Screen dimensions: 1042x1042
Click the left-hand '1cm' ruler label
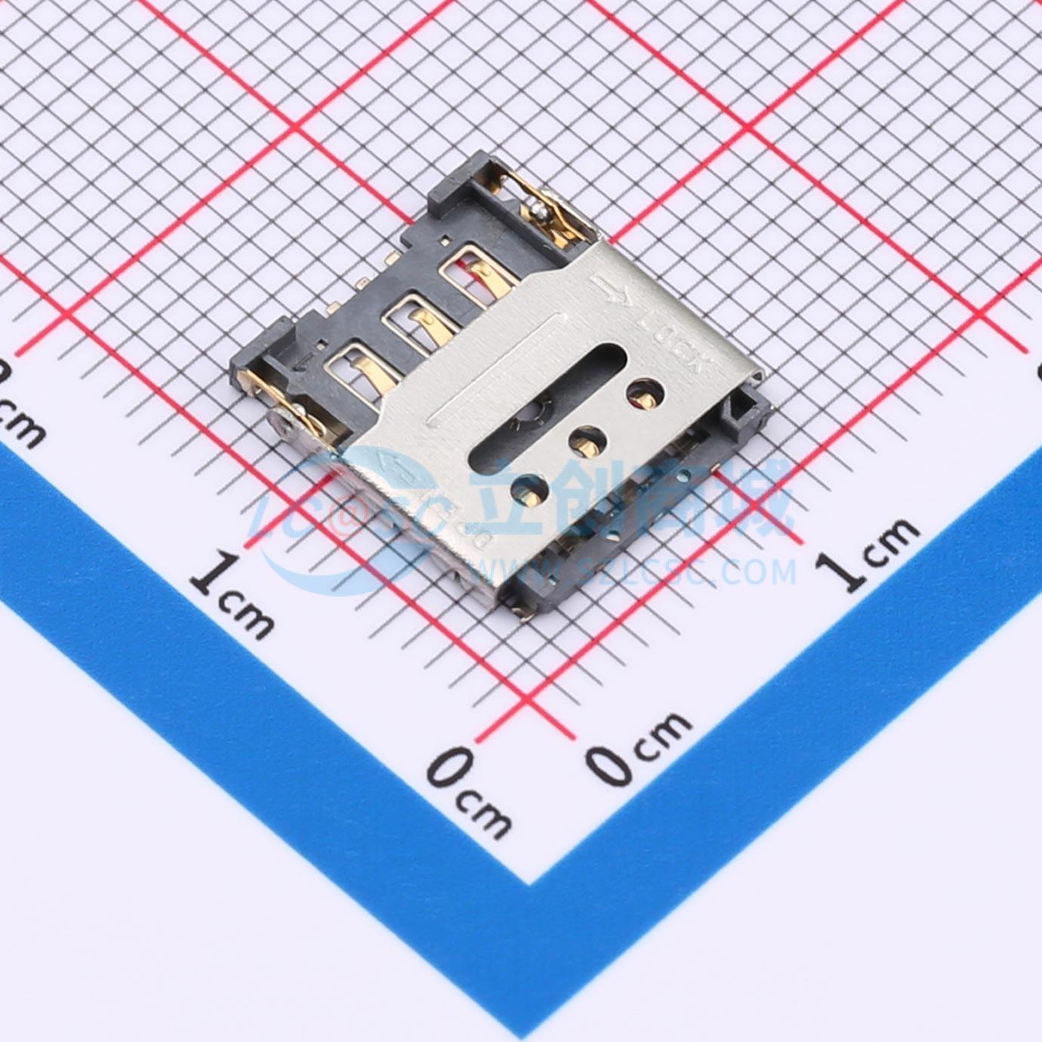[x=231, y=594]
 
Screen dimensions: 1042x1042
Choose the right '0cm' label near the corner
[x=639, y=747]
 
